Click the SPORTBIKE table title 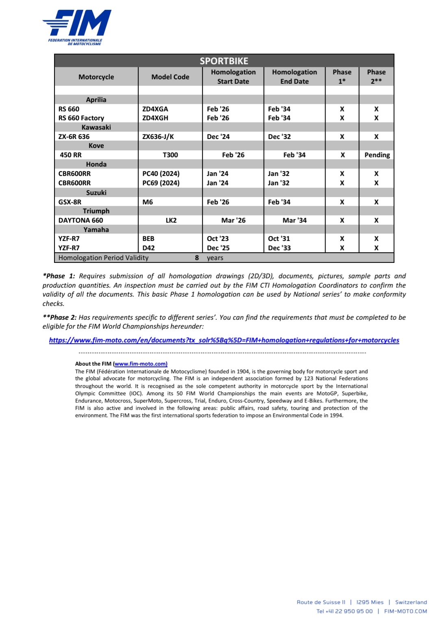(224, 61)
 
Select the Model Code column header (170, 77)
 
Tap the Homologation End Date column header (294, 77)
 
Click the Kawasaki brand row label (96, 127)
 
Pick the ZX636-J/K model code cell (158, 137)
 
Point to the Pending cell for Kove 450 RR (377, 155)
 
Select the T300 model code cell (170, 155)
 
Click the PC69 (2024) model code (161, 183)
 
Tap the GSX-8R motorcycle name (70, 202)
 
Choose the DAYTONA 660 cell (81, 220)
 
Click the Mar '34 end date (294, 220)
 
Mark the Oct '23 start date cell (218, 238)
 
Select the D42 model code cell (148, 248)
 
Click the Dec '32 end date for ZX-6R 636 (279, 137)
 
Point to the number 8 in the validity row (197, 258)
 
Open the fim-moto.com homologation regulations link (224, 340)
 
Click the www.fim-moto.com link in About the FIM (141, 364)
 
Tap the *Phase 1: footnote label (59, 276)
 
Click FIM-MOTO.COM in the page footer (405, 611)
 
